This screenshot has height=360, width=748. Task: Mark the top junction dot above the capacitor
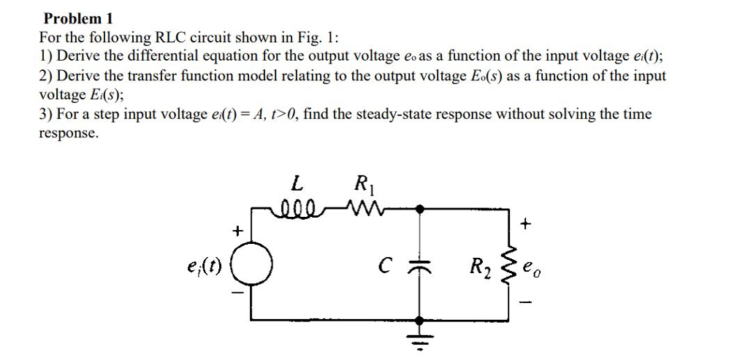[419, 209]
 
